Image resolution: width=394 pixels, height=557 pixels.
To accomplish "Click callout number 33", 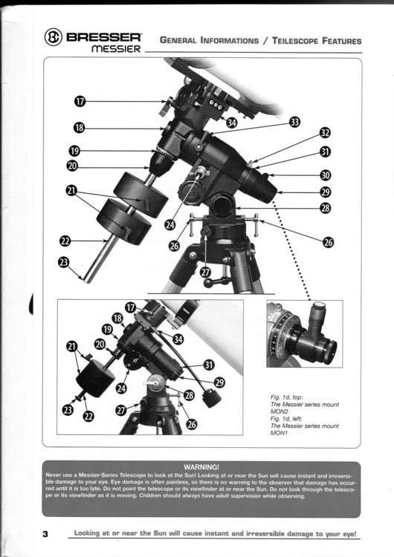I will tap(294, 122).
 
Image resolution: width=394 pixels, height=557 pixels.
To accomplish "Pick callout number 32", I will tap(325, 132).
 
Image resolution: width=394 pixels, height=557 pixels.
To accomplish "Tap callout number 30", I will tap(325, 176).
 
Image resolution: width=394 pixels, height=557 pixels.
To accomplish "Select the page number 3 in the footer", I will tap(45, 534).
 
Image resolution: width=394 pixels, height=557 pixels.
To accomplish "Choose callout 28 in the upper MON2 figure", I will tap(325, 209).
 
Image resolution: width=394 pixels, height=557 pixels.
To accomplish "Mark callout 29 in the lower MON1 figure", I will tap(219, 382).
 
